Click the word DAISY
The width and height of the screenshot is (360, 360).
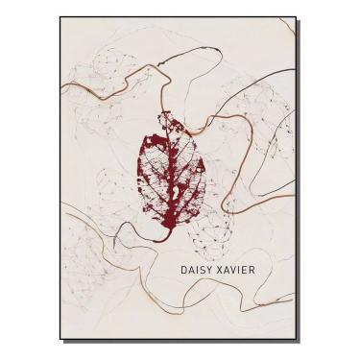tap(199, 272)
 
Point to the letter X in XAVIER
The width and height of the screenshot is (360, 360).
tap(227, 272)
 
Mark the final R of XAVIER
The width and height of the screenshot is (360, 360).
tap(266, 272)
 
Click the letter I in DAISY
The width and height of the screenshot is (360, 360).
tap(200, 272)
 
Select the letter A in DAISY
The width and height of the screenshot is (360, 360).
tap(193, 272)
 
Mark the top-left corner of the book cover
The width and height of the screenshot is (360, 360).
tap(60, 17)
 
